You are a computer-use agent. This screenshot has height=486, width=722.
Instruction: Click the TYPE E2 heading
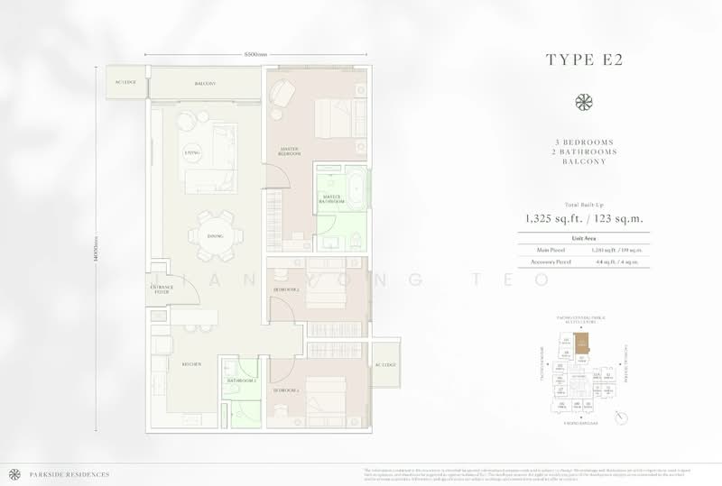coord(584,60)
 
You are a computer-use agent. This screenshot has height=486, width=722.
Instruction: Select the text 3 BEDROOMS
coord(584,143)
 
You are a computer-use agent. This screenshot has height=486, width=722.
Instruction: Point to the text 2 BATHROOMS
coord(584,153)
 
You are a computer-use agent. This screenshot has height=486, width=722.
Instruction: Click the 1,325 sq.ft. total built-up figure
coord(553,217)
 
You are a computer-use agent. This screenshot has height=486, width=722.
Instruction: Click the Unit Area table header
coord(584,237)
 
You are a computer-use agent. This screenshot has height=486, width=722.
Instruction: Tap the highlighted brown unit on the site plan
coord(584,344)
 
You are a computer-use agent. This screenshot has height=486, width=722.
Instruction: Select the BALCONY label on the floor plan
coord(205,84)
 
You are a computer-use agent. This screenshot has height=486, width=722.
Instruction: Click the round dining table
coord(216,236)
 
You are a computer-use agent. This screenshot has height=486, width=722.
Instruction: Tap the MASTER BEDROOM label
coord(289,151)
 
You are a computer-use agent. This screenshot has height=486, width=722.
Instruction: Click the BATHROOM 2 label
coord(242,380)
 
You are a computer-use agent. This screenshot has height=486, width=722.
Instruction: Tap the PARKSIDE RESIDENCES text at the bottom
coord(57,472)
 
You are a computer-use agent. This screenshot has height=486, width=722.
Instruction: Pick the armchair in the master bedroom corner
coord(282,91)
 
